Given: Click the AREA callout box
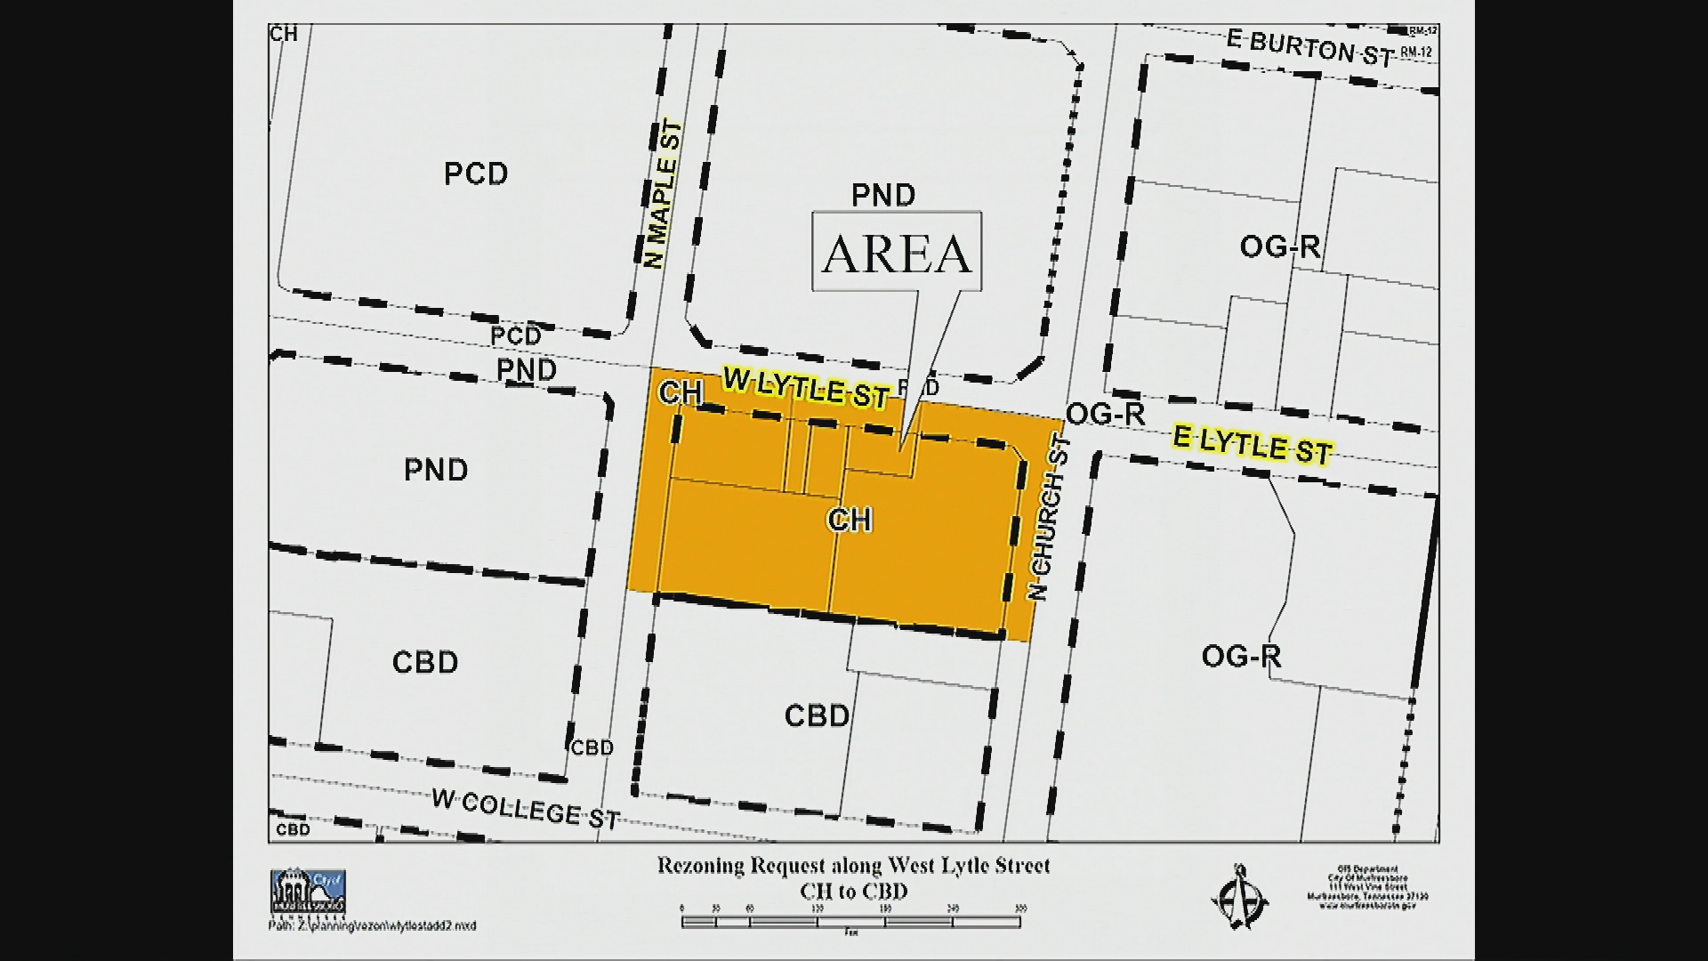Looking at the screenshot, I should (897, 252).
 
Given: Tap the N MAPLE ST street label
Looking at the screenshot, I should (664, 195).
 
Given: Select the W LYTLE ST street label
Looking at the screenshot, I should (806, 388).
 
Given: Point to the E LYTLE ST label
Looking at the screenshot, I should (1252, 446).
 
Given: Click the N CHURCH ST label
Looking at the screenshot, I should (1048, 517).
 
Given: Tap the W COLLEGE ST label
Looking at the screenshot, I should (525, 808).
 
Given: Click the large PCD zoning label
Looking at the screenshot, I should (476, 174).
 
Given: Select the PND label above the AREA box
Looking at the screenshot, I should (882, 195).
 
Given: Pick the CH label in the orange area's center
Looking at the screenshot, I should (850, 520).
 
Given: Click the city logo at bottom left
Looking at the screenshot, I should (308, 892).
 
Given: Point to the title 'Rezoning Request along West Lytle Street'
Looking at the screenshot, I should (853, 865).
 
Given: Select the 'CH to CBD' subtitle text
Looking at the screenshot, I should (853, 891).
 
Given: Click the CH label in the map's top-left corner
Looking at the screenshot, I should (284, 35).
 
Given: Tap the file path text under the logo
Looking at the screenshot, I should (372, 926).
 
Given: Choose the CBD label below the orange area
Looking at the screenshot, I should (817, 715).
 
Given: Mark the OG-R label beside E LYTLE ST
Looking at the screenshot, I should (1105, 414).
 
